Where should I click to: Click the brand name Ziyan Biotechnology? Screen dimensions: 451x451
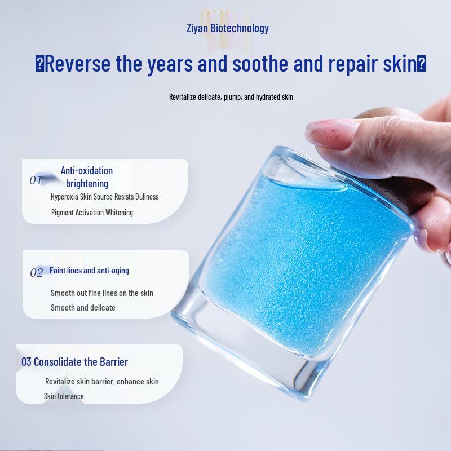coord(228,29)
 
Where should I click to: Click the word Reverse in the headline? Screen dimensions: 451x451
coord(78,64)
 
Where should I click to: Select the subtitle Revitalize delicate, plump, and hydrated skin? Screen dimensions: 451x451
coord(231,97)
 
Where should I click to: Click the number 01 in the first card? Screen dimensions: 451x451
coord(36,180)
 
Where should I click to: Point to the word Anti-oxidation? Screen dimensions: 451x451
coord(87,171)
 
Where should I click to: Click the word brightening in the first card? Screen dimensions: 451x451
coord(87,184)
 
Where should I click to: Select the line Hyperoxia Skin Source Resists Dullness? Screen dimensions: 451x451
coord(105,197)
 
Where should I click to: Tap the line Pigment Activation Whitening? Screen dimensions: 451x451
coord(92,213)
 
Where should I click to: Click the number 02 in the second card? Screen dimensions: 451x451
coord(37,273)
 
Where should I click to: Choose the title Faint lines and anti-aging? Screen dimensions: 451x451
coord(89,271)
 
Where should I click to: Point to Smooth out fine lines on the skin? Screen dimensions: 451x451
coord(102,293)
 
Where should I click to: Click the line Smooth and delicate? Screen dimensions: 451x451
coord(83,308)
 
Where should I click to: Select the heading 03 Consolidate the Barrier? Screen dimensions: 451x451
coord(75,362)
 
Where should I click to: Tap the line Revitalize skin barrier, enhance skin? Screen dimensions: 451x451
coord(102,382)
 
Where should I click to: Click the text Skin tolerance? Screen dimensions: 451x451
coord(64,396)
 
